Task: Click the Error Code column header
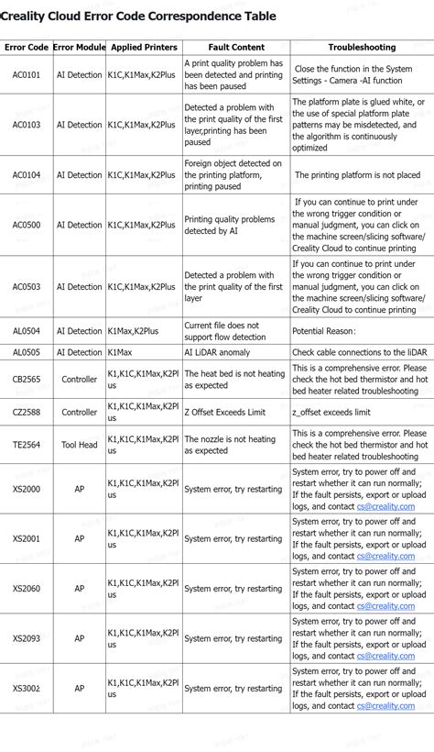click(x=26, y=47)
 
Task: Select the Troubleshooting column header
click(x=362, y=47)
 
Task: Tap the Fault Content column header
click(x=235, y=47)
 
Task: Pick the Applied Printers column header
click(x=144, y=47)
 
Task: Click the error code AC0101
click(x=26, y=75)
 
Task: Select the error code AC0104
click(x=26, y=174)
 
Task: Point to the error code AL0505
click(x=26, y=352)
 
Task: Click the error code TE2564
click(x=26, y=445)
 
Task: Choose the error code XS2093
click(x=26, y=638)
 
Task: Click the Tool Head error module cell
click(x=79, y=445)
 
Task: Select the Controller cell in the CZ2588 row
click(x=79, y=412)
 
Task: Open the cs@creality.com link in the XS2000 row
click(x=385, y=505)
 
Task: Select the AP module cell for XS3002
click(x=79, y=688)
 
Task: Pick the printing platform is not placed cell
click(x=356, y=174)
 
